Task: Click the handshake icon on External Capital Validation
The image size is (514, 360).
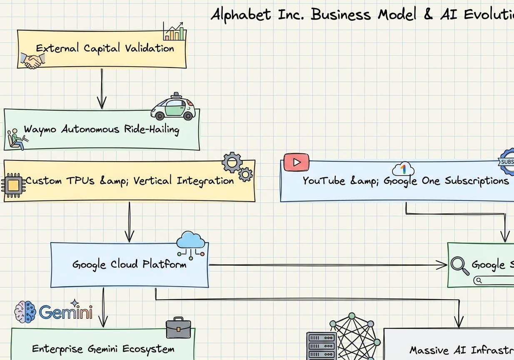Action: pyautogui.click(x=33, y=61)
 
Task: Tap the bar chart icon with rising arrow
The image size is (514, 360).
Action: pyautogui.click(x=175, y=32)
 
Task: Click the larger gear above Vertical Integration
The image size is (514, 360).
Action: pyautogui.click(x=232, y=162)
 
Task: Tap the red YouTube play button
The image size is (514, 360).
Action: pyautogui.click(x=296, y=162)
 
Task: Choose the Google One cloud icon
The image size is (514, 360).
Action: pyautogui.click(x=403, y=169)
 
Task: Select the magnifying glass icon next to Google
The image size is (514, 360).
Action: pyautogui.click(x=460, y=265)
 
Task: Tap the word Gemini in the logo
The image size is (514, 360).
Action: pyautogui.click(x=66, y=312)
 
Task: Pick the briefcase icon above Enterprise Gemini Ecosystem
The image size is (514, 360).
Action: pyautogui.click(x=178, y=328)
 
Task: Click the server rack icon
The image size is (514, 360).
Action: pyautogui.click(x=321, y=346)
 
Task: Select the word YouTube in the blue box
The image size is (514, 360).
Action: pyautogui.click(x=324, y=181)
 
